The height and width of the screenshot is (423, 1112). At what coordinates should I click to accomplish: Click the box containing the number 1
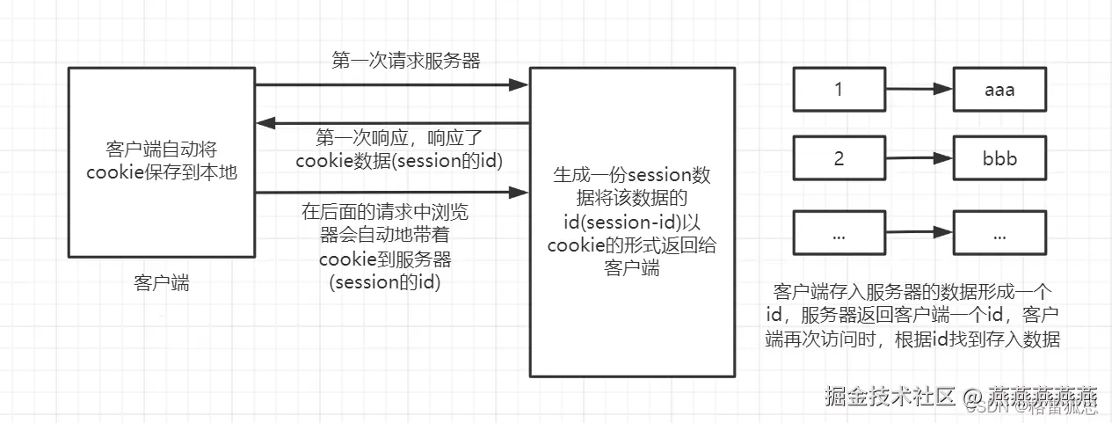tap(839, 90)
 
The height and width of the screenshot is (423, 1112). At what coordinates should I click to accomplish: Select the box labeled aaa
tap(1000, 90)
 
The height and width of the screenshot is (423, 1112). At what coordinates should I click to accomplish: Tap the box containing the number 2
tap(839, 159)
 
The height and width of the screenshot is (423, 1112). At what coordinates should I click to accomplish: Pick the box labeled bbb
tap(1000, 161)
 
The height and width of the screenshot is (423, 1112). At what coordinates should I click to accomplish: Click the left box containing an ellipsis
tap(839, 236)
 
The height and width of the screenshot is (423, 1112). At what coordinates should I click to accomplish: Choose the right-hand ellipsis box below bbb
tap(1000, 236)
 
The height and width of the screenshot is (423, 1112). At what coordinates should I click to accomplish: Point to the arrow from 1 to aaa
tap(919, 90)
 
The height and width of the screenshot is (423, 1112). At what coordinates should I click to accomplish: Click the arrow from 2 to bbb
tap(919, 160)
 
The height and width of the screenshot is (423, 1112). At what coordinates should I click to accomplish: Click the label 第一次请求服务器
tap(393, 61)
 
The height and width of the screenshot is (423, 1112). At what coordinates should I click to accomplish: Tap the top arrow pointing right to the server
tap(391, 85)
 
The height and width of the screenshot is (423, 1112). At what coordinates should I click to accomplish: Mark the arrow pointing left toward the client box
tap(391, 122)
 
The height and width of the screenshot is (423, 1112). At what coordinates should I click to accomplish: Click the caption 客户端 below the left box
tap(162, 282)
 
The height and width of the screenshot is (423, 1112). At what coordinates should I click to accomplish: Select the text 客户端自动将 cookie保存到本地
tap(161, 160)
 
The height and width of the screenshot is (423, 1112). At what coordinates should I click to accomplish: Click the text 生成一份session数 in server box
tap(631, 175)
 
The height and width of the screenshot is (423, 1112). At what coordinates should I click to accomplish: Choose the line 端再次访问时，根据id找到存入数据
tap(914, 340)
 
